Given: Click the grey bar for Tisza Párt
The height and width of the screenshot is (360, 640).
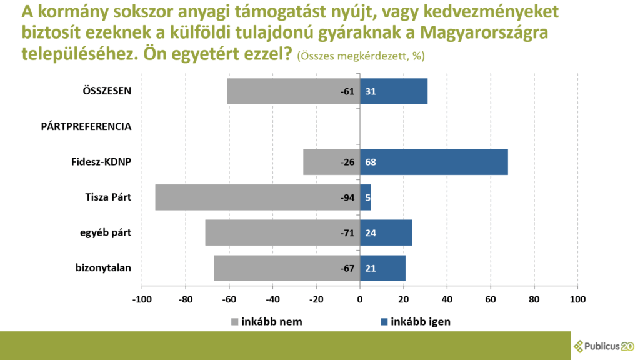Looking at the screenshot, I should point(250,197).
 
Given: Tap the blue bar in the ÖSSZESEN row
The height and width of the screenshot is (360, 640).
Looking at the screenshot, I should point(394,91).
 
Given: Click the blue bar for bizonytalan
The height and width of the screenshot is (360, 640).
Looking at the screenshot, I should point(382,269).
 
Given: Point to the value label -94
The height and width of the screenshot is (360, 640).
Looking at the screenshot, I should point(347,198).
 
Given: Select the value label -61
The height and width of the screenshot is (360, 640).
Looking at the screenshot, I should point(347,91).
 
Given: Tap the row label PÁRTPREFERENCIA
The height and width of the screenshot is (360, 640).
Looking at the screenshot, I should point(86,127).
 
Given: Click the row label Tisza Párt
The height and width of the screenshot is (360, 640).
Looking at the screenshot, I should point(108,198).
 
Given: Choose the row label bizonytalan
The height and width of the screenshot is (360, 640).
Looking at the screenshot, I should point(103,269).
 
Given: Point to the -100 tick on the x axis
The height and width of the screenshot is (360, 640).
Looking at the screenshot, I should point(142,299).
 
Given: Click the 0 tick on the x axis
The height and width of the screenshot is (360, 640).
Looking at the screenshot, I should point(360,299).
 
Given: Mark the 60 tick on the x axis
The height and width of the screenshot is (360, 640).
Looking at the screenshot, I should point(491,299).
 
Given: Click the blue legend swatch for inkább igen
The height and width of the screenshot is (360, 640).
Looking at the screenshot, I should point(384,322).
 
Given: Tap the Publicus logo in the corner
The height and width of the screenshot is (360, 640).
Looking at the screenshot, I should point(604,346).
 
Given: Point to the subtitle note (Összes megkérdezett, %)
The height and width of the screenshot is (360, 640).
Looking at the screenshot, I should point(361,56).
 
